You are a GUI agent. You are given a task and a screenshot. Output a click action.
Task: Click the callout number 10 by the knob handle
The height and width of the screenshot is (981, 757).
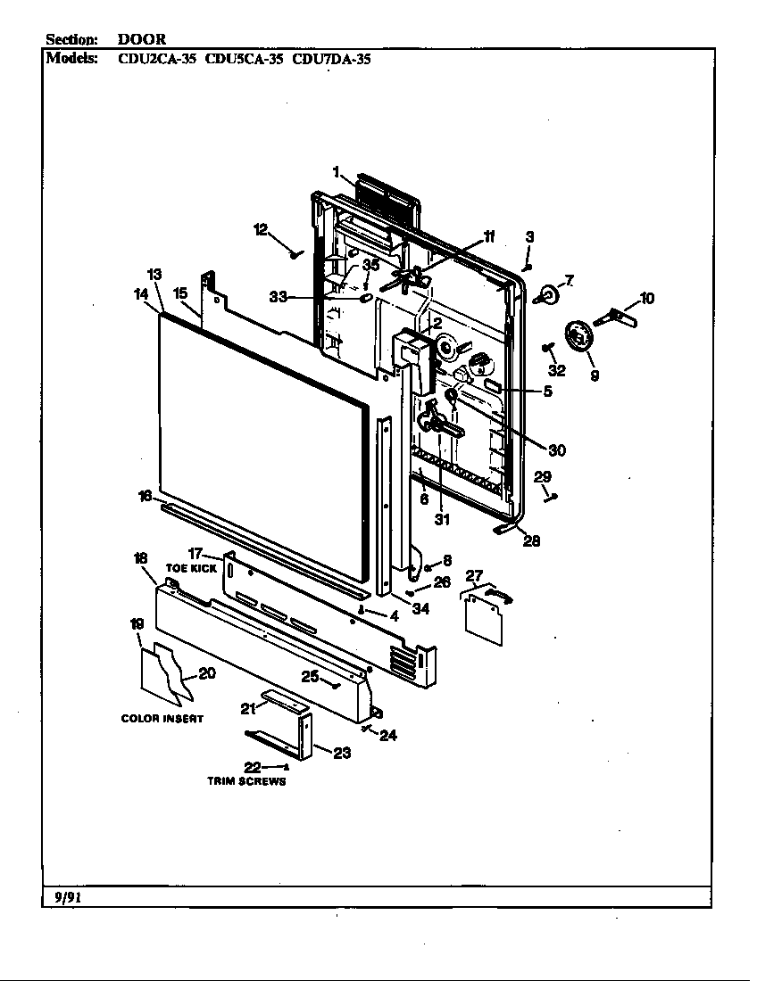point(646,298)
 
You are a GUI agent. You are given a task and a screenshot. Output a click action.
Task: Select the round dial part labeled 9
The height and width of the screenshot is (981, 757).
point(581,339)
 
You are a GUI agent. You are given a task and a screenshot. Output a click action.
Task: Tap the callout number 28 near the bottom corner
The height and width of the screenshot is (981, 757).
point(530,540)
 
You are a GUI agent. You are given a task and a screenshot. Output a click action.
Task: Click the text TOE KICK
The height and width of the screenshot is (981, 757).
point(191,568)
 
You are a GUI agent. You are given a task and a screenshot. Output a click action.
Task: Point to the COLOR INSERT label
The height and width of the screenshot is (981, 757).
point(162,719)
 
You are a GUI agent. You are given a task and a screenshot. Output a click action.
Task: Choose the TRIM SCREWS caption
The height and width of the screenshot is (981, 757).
point(246,782)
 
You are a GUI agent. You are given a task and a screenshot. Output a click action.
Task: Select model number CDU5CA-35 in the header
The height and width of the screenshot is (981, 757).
point(244,60)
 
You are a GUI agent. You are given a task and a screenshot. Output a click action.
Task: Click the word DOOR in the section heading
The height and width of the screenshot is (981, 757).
point(142,39)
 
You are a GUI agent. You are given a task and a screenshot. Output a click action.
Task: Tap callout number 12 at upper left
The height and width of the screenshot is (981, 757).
point(261,230)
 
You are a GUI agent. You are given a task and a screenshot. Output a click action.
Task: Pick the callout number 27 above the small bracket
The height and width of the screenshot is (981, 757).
point(474,576)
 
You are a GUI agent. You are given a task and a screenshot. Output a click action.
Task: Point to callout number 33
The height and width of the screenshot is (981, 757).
point(279,297)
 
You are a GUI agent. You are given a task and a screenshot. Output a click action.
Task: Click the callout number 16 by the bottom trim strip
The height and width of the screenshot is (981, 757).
point(145,496)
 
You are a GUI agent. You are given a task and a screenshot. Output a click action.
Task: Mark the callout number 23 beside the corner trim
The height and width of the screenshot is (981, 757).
point(341,753)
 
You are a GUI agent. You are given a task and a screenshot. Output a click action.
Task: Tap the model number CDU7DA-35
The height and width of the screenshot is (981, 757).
point(331,60)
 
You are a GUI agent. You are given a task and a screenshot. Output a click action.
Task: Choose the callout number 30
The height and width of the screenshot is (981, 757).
point(556,450)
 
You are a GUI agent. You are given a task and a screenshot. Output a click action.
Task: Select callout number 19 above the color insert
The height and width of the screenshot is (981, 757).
point(136,624)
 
